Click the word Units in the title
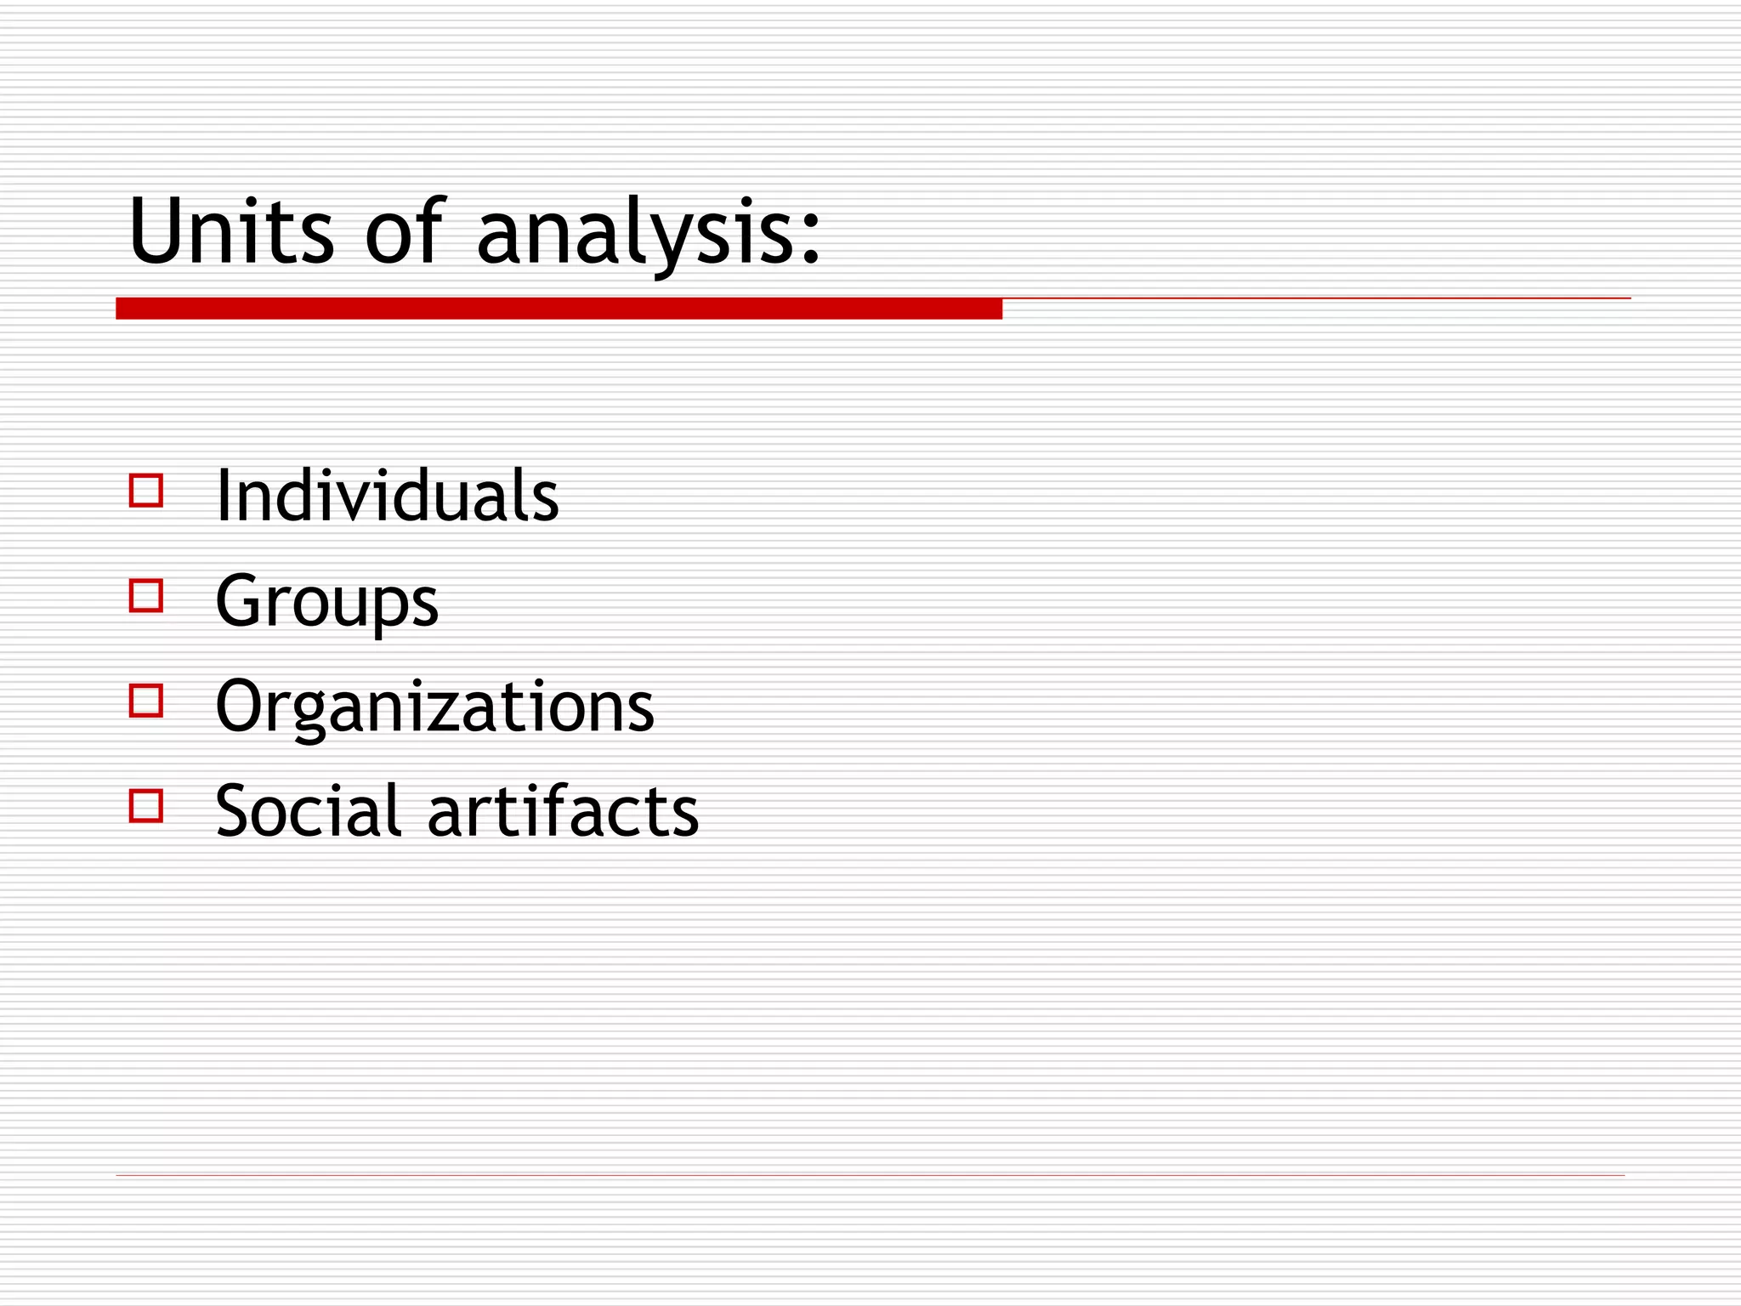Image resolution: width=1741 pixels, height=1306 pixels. [231, 230]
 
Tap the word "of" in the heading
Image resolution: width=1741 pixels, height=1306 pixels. [404, 230]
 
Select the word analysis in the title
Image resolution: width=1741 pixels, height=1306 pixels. [629, 234]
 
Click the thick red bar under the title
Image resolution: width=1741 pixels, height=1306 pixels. [559, 309]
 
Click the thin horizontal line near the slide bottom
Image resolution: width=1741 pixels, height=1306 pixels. [870, 1175]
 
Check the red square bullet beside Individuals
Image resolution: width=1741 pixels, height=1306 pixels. [146, 491]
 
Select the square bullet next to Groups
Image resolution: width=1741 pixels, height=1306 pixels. [146, 596]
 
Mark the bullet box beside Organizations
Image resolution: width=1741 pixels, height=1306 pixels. [146, 701]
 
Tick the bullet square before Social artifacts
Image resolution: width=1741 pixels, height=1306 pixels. [146, 805]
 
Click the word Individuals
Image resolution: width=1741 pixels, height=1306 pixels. [387, 496]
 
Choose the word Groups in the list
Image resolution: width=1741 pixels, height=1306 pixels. [326, 602]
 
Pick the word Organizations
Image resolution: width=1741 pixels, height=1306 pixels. [434, 707]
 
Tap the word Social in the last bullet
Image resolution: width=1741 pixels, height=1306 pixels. [308, 811]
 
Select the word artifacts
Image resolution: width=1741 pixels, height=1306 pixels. [563, 811]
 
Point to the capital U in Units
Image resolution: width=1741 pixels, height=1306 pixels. [155, 230]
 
